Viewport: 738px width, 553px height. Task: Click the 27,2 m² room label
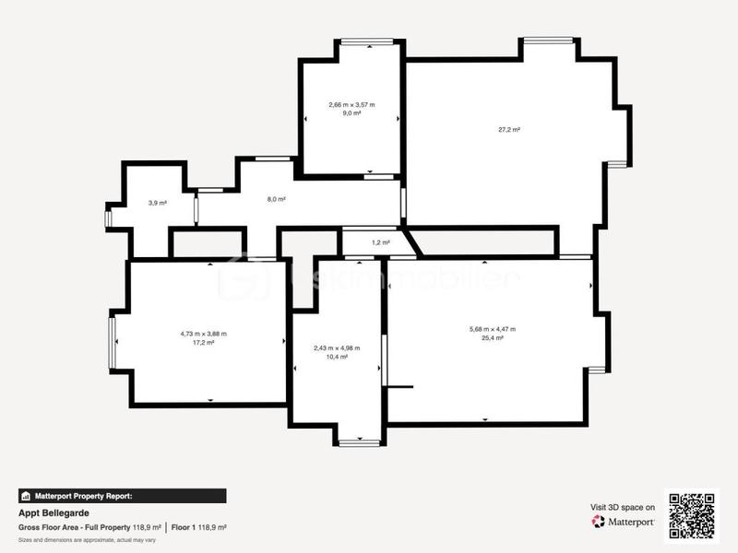[509, 130]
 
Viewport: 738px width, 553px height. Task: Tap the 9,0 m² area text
[351, 114]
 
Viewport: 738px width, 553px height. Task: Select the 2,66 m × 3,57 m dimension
[351, 105]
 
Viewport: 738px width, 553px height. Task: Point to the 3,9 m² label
[158, 203]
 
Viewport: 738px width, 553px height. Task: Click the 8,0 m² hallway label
[276, 199]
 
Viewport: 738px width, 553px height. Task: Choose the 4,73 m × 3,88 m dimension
[204, 334]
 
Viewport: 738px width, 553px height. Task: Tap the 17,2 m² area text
[204, 342]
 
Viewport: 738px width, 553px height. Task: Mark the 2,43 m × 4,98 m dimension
[337, 347]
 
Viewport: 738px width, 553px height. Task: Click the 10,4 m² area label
[337, 357]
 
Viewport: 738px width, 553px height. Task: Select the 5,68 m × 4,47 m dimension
[493, 329]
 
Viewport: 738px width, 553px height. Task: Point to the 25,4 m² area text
[493, 338]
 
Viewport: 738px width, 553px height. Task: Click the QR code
[692, 514]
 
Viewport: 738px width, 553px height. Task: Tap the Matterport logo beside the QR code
[624, 522]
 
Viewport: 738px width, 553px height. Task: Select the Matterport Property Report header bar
[122, 495]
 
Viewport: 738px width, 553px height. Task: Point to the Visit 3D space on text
[623, 507]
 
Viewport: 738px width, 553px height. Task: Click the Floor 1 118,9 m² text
[198, 527]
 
